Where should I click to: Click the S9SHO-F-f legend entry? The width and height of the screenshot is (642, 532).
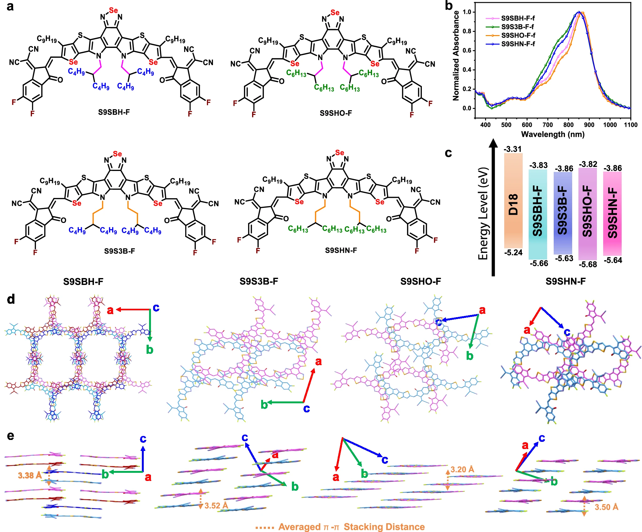tap(518, 35)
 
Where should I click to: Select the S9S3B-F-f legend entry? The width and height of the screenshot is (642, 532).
tap(517, 27)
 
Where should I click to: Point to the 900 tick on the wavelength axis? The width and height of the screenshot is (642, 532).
tap(589, 125)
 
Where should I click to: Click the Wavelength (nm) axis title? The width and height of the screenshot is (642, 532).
tap(553, 135)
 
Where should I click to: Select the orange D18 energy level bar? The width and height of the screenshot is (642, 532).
tap(513, 200)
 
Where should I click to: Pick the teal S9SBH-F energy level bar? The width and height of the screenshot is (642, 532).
tap(538, 214)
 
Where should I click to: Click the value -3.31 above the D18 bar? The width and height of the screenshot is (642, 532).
tap(513, 149)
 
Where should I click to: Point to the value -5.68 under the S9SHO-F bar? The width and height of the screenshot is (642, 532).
tap(588, 265)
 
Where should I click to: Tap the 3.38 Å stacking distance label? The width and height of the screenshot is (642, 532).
tap(30, 475)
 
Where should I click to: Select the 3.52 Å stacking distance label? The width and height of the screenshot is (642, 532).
tap(216, 506)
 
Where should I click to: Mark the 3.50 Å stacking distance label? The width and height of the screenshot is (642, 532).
tap(606, 507)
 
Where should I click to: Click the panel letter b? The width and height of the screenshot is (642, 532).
tap(449, 6)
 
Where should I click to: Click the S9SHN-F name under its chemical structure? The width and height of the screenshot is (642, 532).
tap(341, 250)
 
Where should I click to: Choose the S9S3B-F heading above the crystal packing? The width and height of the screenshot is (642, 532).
tap(259, 281)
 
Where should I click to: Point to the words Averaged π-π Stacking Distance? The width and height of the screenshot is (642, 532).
tap(351, 527)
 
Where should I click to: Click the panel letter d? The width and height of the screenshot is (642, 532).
tap(11, 299)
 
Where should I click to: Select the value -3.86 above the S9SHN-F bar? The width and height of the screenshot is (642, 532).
tap(613, 168)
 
